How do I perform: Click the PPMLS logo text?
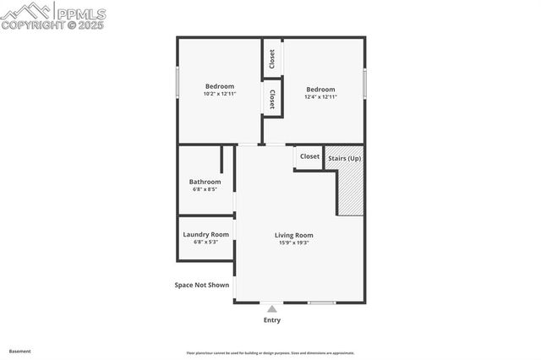tap(80, 14)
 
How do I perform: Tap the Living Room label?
tap(293, 235)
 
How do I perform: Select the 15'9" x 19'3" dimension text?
tap(293, 243)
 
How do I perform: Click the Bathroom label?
tap(205, 182)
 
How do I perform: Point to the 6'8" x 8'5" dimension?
tap(205, 189)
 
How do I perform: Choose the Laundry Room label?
tap(205, 234)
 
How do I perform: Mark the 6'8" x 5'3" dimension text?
tap(205, 243)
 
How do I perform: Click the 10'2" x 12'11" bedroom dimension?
tap(219, 94)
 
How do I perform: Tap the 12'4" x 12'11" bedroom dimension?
tap(320, 97)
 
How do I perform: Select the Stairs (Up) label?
tap(344, 157)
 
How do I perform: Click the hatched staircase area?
tap(351, 193)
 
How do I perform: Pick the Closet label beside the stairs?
tap(309, 156)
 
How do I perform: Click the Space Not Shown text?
tap(201, 285)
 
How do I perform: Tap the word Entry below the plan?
tap(271, 320)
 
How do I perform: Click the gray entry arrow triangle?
tap(271, 309)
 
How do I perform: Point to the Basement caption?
tap(19, 351)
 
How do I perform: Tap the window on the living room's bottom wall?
tap(321, 303)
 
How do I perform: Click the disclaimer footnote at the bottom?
tap(270, 353)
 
